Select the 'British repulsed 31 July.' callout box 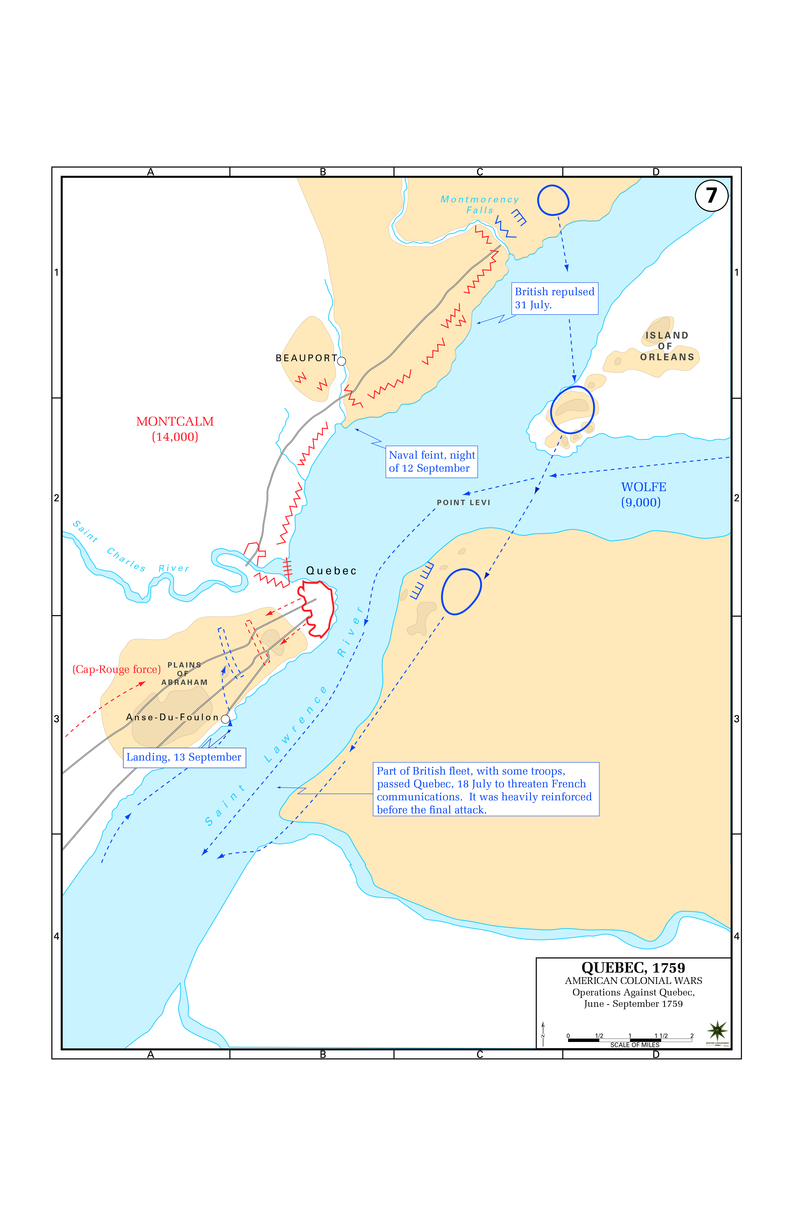click(x=555, y=299)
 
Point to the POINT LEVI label click(x=463, y=502)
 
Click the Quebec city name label click(x=331, y=571)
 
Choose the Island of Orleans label click(x=667, y=346)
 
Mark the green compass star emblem click(x=717, y=1031)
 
